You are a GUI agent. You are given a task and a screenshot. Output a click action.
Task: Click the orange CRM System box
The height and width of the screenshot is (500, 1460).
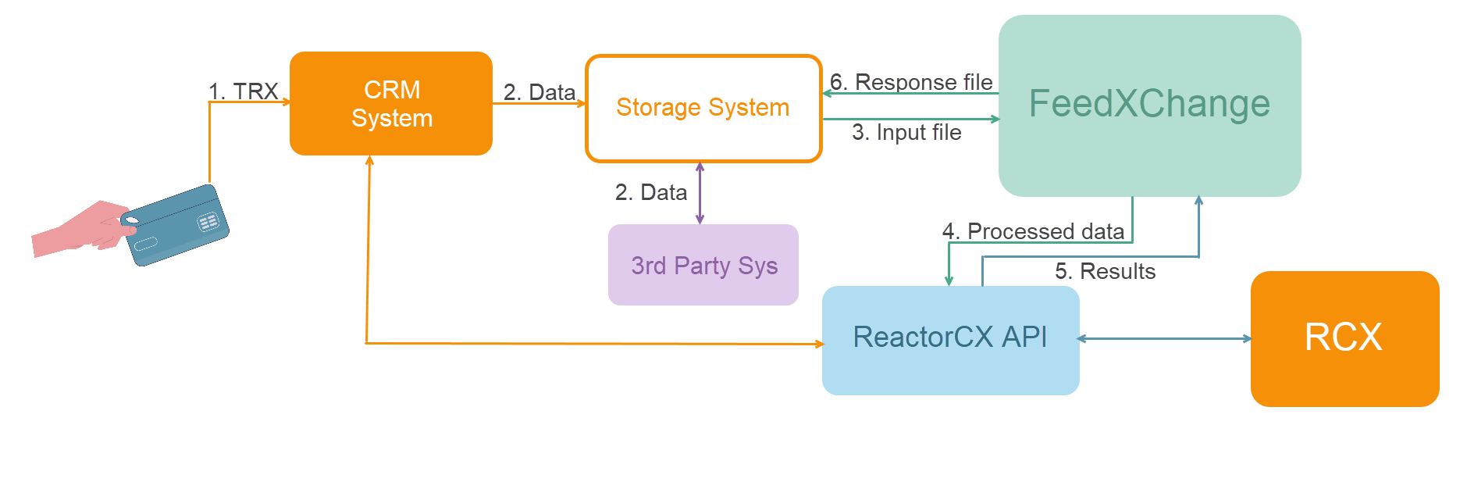click(x=390, y=103)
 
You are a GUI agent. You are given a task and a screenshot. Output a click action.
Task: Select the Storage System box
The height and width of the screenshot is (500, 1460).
click(x=703, y=108)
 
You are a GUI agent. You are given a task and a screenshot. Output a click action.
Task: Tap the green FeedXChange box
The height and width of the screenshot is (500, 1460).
click(x=1149, y=105)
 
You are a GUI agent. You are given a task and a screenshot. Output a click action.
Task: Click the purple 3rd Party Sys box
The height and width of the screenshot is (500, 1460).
click(x=703, y=265)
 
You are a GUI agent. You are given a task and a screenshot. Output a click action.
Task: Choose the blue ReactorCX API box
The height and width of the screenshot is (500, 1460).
click(x=950, y=340)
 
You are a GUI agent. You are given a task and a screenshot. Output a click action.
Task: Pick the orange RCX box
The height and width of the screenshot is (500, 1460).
click(x=1344, y=338)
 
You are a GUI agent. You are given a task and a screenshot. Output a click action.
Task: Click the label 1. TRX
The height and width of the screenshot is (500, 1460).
click(x=243, y=91)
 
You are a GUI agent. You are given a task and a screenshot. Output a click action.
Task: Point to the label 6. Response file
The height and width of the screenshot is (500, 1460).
click(x=911, y=82)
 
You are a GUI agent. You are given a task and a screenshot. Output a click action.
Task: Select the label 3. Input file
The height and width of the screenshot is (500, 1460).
click(x=906, y=132)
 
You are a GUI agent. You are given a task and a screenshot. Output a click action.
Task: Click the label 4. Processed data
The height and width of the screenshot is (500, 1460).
click(x=1033, y=231)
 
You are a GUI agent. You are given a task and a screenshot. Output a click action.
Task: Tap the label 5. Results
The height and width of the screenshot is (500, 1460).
click(x=1105, y=271)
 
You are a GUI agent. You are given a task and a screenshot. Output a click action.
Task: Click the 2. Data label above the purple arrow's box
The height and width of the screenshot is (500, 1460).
click(x=650, y=192)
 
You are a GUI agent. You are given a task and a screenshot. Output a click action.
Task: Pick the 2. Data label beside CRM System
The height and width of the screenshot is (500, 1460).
click(x=539, y=92)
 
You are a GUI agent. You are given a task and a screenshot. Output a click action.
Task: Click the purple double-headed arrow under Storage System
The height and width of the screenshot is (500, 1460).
click(x=700, y=194)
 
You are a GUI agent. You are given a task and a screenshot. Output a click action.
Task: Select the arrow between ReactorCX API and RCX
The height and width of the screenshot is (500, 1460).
click(x=1164, y=338)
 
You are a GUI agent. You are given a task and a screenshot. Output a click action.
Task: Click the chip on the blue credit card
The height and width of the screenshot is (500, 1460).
click(x=208, y=223)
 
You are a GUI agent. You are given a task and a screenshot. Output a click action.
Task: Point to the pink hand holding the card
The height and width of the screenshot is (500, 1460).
click(x=78, y=230)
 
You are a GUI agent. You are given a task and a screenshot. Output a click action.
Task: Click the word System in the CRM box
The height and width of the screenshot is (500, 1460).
click(x=391, y=119)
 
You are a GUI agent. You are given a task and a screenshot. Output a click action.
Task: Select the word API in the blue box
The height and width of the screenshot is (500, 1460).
click(x=1024, y=337)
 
